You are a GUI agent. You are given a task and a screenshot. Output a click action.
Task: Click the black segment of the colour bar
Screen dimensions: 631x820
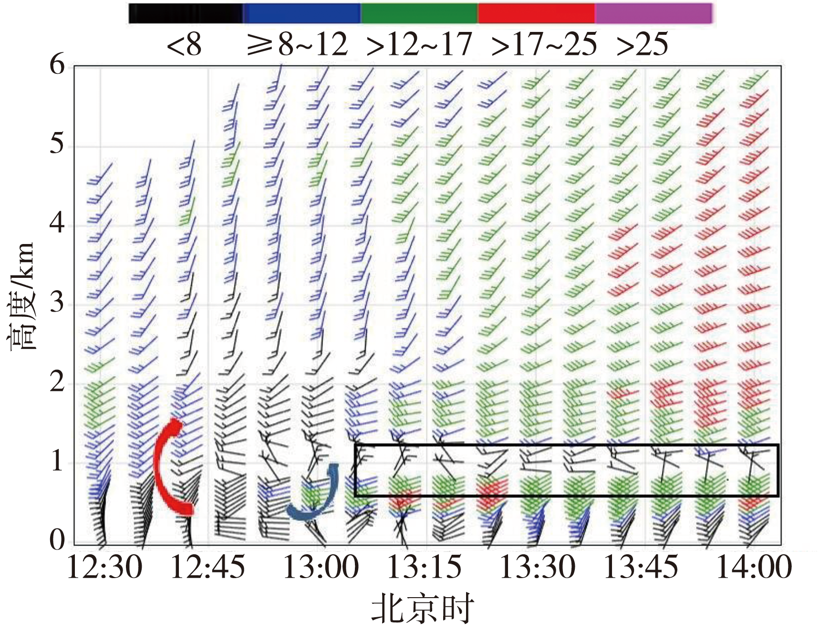point(186,13)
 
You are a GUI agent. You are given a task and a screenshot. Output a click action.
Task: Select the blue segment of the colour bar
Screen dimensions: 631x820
point(301,13)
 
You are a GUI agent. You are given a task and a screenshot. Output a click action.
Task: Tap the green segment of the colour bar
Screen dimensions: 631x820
point(419,13)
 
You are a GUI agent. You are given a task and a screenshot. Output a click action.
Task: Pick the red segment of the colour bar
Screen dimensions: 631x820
point(536,13)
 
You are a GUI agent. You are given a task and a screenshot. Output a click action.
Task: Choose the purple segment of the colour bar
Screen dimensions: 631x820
point(653,13)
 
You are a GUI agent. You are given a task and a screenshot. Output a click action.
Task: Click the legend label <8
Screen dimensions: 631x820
point(184,45)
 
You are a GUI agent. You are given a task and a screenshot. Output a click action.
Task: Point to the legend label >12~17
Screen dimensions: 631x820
point(419,45)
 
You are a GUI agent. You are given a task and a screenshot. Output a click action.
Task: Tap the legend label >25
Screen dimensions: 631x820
point(642,45)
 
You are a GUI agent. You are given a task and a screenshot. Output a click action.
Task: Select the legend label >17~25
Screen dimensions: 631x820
point(544,45)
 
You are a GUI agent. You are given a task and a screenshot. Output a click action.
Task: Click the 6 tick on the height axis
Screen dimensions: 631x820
point(57,65)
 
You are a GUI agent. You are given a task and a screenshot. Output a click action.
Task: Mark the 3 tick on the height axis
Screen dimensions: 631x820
point(57,303)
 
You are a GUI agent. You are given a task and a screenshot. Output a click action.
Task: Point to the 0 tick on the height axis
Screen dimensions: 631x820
point(57,540)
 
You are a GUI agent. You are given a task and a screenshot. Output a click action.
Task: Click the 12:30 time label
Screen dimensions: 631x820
point(105,568)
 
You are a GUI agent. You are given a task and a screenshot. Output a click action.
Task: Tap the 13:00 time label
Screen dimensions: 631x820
point(321,568)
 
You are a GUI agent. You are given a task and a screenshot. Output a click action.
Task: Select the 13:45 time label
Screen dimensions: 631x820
point(641,568)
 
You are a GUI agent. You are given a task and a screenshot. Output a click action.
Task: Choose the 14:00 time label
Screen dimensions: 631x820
point(754,568)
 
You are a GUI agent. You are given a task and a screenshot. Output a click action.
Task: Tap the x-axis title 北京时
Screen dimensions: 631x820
point(423,609)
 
